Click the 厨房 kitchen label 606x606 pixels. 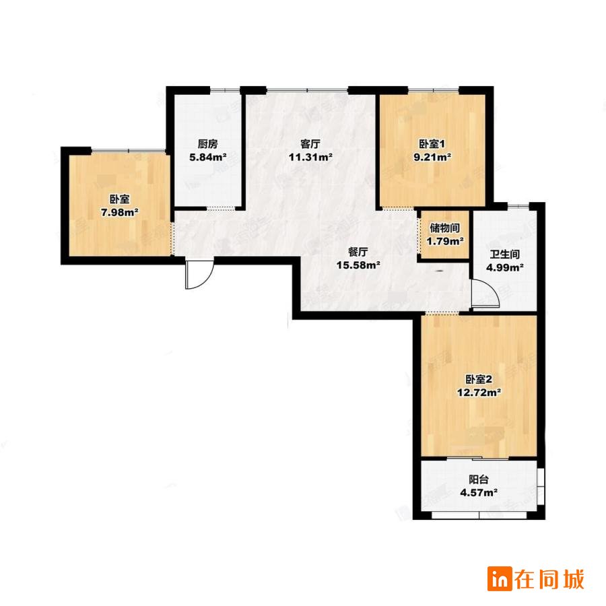(207, 144)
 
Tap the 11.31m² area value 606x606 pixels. (310, 158)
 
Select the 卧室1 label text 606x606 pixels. (432, 144)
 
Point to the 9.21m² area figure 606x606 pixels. (432, 158)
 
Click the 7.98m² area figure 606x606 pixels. (119, 213)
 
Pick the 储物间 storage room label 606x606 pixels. (445, 228)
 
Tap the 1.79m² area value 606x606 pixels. (445, 242)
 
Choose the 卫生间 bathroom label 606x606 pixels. (505, 255)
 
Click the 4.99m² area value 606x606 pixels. (505, 267)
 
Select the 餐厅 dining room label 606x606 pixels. (358, 252)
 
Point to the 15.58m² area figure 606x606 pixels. (358, 265)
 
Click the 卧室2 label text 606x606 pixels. (479, 379)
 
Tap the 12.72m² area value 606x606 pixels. (479, 393)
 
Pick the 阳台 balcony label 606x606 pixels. (479, 479)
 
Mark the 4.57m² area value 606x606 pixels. (479, 493)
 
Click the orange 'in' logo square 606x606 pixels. (500, 578)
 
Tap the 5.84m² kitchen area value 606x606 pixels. (207, 158)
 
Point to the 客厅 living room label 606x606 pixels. (310, 144)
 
